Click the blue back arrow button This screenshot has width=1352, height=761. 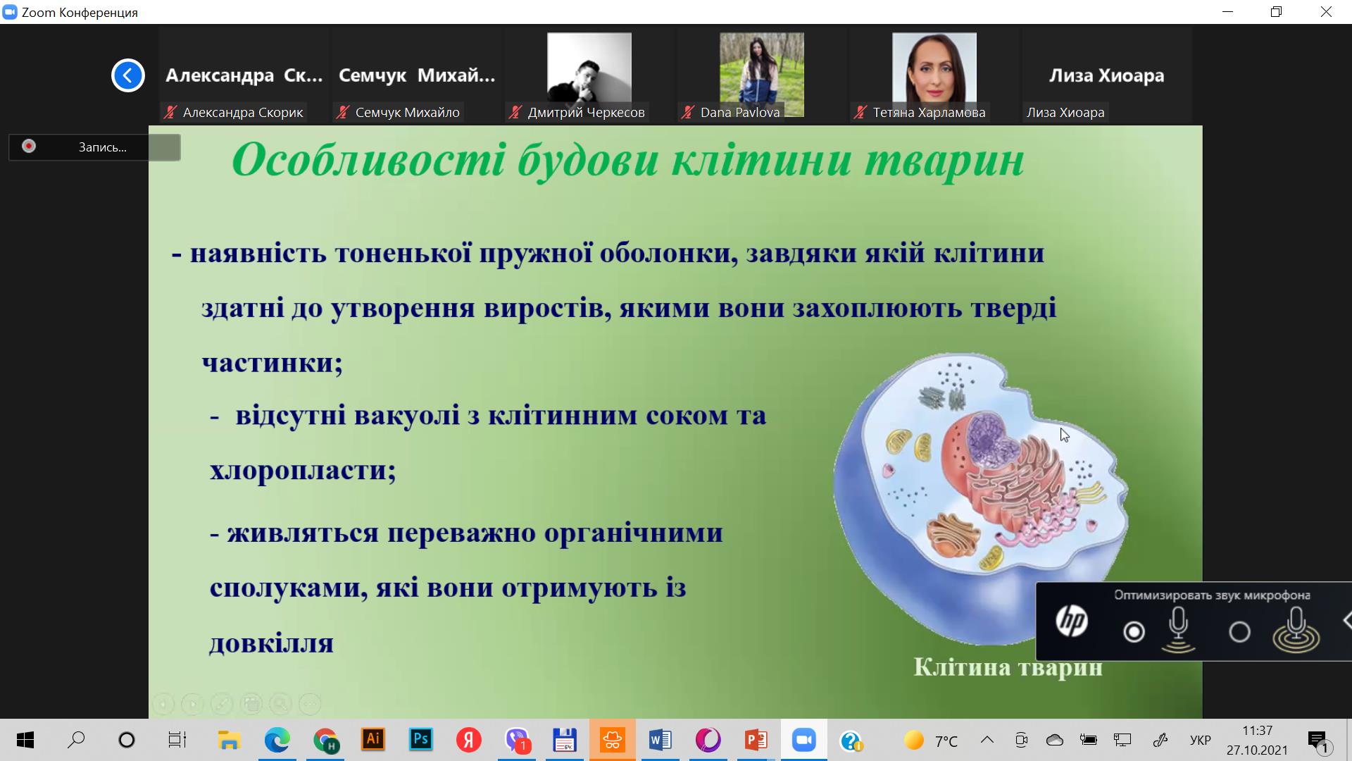coord(128,75)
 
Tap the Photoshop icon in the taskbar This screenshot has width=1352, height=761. coord(420,739)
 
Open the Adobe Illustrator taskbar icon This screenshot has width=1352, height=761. coord(373,739)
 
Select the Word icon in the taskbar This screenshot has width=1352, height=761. coord(660,740)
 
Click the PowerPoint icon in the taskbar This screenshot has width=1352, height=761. coord(756,740)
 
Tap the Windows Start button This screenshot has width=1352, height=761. coord(25,740)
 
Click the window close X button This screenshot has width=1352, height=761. coord(1326,12)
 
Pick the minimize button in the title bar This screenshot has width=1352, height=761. coord(1228,12)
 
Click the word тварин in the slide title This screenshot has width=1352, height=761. coord(944,161)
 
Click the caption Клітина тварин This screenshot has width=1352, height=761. coord(1008,667)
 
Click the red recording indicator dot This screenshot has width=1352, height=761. coord(29,147)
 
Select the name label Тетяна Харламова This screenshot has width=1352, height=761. coord(929,113)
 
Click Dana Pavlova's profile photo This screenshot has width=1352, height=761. coord(761,73)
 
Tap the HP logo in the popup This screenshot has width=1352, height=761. coord(1072,621)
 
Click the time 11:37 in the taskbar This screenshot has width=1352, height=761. coord(1257,731)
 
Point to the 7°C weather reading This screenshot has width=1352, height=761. coord(946,741)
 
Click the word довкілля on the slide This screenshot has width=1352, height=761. coord(271,643)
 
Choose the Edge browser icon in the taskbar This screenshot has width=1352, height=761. coord(277,740)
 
